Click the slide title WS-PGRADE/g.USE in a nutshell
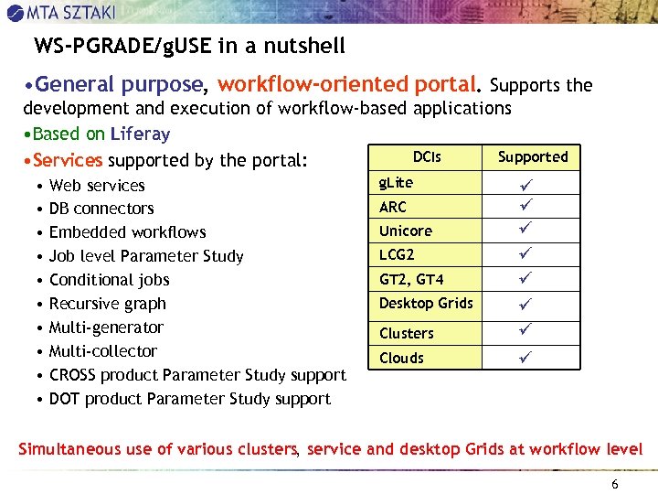tap(189, 46)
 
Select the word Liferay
tap(139, 134)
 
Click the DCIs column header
tap(426, 157)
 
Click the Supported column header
tap(533, 157)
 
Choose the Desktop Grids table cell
tap(426, 304)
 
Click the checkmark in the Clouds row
tap(525, 356)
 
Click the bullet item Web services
tap(97, 186)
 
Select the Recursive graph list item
tap(107, 304)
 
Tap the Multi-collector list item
tap(102, 351)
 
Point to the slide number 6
tap(614, 484)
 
